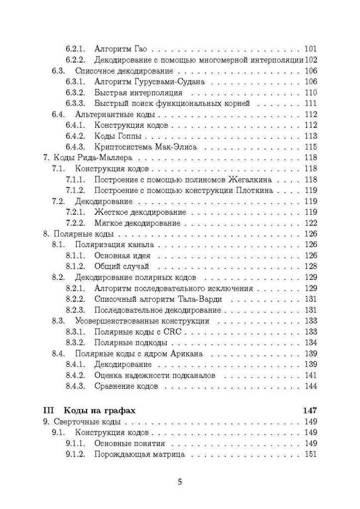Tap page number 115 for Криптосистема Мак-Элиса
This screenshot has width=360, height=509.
click(x=310, y=147)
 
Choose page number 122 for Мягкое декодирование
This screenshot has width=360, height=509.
click(x=310, y=223)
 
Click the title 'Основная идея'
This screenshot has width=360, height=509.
click(x=122, y=256)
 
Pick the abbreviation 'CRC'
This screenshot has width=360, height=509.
click(x=178, y=331)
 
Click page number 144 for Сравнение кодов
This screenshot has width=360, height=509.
click(x=310, y=386)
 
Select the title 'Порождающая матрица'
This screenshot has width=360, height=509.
click(x=139, y=454)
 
